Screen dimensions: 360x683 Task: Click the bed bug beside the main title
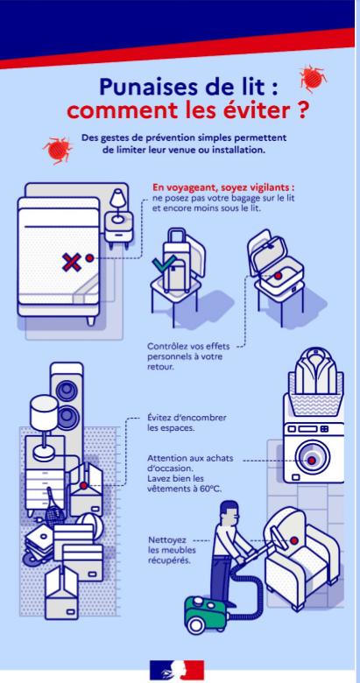coord(313,79)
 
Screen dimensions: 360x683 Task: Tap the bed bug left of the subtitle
coord(58,150)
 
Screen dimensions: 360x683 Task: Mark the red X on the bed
coord(71,262)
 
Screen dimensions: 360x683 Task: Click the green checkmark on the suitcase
coord(164,264)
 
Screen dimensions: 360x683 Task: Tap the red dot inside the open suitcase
coord(278,276)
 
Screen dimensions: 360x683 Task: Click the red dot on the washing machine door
coord(312,461)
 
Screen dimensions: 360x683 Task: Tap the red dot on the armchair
coord(293,540)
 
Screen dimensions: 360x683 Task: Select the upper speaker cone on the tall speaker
coord(67,391)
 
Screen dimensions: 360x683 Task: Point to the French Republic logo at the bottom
coord(177,670)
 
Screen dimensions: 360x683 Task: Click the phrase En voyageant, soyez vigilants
coord(223,187)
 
